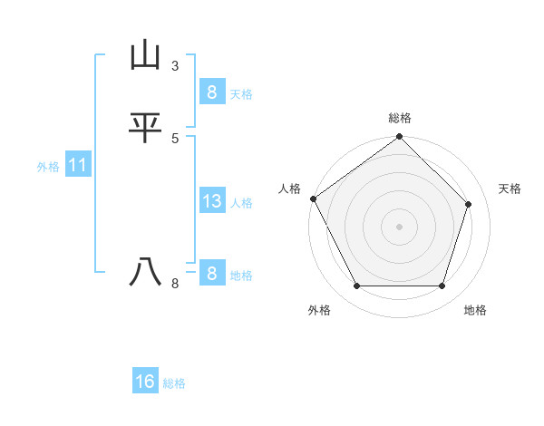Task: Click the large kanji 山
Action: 145,56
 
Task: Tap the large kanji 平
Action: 145,128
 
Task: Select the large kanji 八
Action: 145,272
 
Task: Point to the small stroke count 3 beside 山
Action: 175,66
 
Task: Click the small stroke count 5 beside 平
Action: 175,138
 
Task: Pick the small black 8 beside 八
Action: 175,284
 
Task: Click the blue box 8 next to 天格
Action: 211,92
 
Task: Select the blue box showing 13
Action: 211,201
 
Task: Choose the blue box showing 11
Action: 77,166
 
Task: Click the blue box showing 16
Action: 145,382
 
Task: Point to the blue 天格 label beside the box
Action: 241,94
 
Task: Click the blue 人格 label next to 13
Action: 241,203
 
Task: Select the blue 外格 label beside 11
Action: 48,167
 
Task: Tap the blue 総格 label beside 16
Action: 174,383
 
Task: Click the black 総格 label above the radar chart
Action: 400,118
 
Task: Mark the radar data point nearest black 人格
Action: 313,198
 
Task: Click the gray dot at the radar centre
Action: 399,227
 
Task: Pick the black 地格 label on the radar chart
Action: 475,310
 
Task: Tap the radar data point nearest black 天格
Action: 469,204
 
